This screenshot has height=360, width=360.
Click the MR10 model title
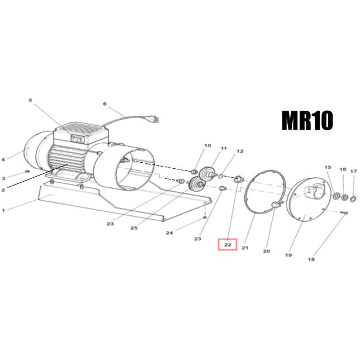(307, 121)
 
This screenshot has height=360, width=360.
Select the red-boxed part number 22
(228, 245)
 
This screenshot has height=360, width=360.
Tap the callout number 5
(31, 100)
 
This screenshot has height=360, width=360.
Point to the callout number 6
(105, 104)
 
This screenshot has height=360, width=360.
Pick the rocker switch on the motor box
(76, 139)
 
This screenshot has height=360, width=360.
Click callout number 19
(288, 255)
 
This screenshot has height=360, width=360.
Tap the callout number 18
(311, 259)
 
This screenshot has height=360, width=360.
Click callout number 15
(328, 167)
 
